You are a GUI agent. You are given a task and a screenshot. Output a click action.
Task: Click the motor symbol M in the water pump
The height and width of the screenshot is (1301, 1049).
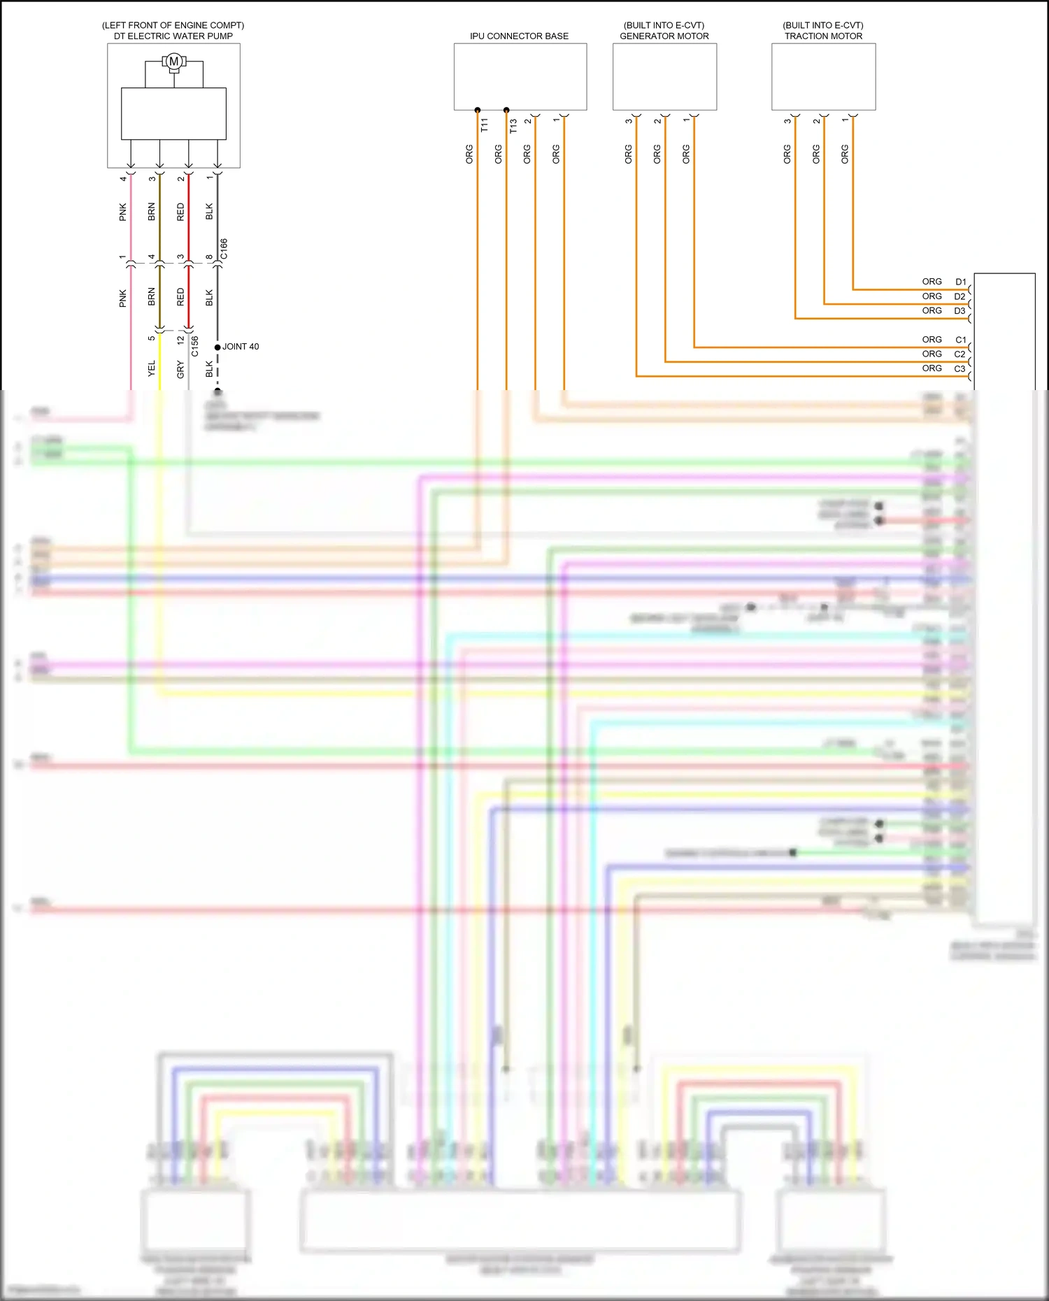tap(173, 62)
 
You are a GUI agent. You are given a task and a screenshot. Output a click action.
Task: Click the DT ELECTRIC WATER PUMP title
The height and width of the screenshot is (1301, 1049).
tap(173, 36)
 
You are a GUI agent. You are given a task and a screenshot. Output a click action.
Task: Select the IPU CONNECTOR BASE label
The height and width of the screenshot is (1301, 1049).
tap(519, 36)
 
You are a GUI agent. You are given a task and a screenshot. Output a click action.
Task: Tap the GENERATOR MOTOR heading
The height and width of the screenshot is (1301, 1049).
tap(664, 36)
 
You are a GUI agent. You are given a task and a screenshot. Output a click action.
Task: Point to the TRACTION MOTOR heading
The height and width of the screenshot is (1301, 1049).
tap(823, 36)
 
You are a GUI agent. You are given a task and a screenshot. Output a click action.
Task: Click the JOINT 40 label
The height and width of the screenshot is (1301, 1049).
tap(241, 347)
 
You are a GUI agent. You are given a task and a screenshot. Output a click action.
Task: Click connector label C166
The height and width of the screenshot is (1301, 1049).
tap(224, 249)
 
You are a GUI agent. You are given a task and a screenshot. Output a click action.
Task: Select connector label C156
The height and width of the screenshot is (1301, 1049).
tap(195, 346)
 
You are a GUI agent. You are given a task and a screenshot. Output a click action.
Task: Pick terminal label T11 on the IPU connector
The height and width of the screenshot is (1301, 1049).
tap(484, 125)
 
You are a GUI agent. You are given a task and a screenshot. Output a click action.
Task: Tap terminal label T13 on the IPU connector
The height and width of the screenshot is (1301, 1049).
tap(513, 125)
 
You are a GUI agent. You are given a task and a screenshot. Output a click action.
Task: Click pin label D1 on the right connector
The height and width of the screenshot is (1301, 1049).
tap(961, 282)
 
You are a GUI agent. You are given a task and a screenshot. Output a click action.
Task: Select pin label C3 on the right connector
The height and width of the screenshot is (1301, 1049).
tap(959, 368)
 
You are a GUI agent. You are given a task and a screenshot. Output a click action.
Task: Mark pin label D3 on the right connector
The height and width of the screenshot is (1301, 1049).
tap(959, 310)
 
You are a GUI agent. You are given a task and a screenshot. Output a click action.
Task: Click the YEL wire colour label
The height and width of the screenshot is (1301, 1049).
tap(152, 368)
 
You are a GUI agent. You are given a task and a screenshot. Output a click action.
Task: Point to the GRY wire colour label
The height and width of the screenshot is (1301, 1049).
tap(180, 369)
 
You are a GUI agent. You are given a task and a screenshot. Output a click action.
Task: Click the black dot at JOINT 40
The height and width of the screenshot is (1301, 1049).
tap(217, 347)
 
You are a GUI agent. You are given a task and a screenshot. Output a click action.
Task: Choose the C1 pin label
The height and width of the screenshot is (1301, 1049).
tap(961, 340)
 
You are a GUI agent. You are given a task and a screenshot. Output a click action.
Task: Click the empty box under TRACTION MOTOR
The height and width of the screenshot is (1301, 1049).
tap(823, 76)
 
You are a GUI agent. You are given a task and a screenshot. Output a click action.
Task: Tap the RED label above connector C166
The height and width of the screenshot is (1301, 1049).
tap(180, 212)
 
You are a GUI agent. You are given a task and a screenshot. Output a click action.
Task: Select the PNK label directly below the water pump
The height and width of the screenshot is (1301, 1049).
tap(123, 212)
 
